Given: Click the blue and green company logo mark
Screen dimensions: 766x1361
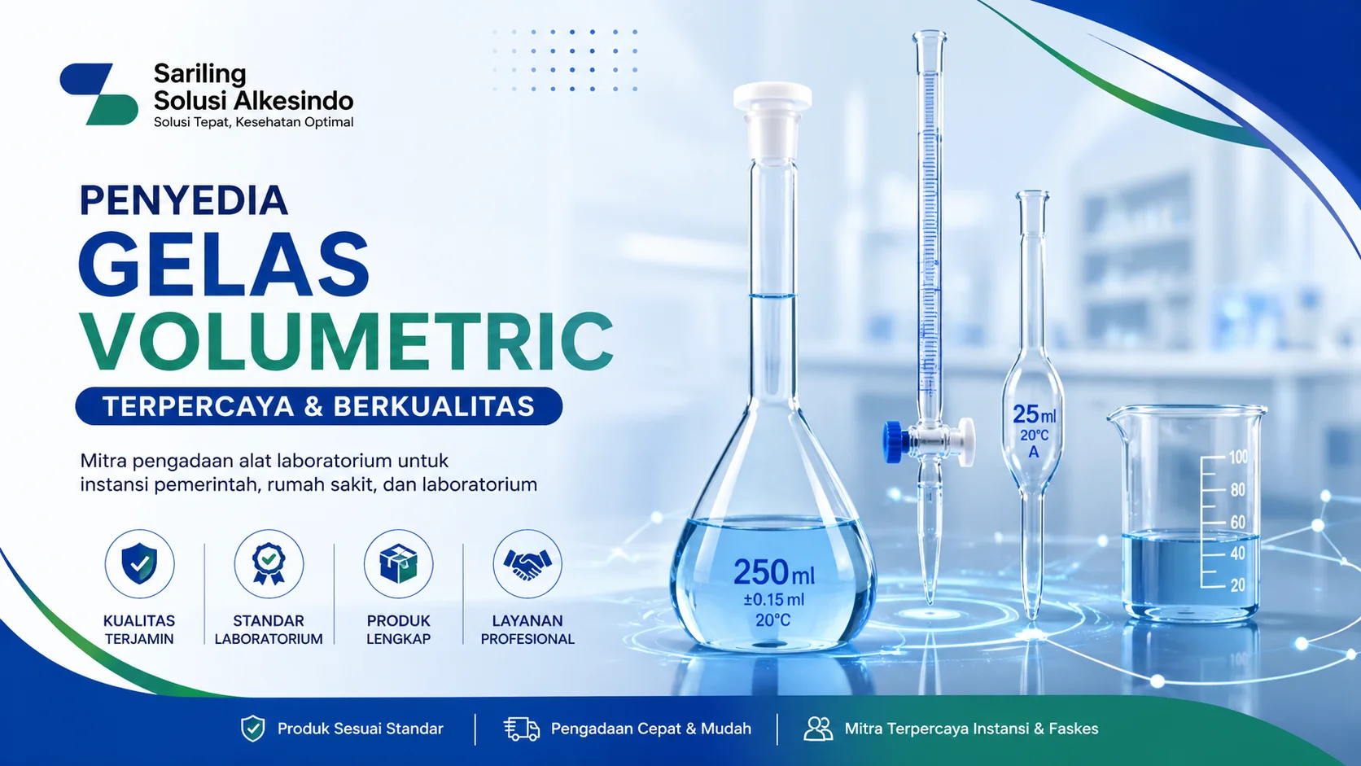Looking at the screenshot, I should tap(98, 94).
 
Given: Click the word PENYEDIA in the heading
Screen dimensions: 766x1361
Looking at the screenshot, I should tap(183, 201).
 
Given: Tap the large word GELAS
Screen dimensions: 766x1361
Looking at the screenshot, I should tap(224, 264).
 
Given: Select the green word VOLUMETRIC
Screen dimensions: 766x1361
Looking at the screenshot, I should tap(346, 341).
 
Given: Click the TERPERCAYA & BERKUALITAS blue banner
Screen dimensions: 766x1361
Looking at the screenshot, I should tap(318, 406).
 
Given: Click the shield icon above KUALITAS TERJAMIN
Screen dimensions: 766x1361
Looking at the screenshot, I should tap(139, 563).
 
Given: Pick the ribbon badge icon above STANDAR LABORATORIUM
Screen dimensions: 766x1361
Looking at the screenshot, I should tap(269, 563).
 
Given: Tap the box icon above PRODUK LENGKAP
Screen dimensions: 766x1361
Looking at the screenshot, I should tap(398, 563).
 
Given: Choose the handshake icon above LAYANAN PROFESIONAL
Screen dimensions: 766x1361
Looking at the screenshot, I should tap(527, 563).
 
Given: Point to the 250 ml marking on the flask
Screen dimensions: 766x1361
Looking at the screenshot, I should tap(772, 572).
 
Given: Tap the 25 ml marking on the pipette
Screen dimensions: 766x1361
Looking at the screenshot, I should tap(1034, 414).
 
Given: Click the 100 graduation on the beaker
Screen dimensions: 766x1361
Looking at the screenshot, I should tap(1238, 457).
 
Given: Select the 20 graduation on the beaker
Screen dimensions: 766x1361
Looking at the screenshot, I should tap(1237, 584).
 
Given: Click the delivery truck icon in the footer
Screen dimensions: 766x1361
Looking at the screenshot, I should tap(521, 729).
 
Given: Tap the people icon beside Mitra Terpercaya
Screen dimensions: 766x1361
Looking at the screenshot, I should tap(818, 729).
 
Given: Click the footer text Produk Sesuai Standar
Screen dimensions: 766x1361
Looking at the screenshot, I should tap(360, 729).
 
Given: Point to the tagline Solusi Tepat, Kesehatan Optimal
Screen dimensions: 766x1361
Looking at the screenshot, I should tap(253, 122).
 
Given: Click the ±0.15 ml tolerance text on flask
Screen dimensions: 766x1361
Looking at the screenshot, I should tap(772, 600).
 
